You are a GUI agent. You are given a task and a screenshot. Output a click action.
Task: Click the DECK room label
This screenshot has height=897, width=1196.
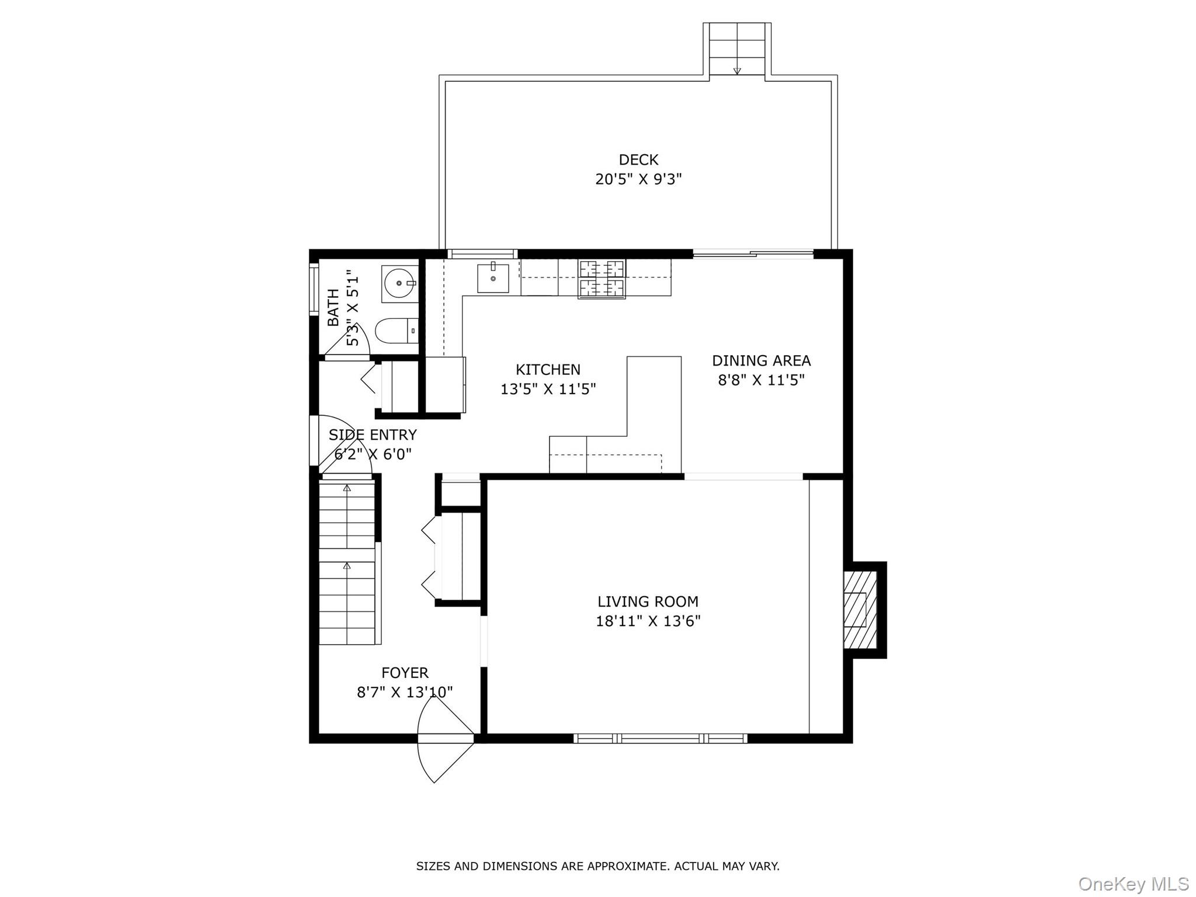tap(638, 159)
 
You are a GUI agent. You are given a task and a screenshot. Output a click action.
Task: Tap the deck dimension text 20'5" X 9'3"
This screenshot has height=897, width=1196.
tap(638, 179)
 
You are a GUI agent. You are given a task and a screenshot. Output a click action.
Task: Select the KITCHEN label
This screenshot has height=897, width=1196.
tap(548, 369)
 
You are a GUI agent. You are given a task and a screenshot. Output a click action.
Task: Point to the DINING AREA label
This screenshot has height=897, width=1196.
tap(761, 360)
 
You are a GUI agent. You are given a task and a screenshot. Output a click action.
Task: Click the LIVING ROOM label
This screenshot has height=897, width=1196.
tap(648, 601)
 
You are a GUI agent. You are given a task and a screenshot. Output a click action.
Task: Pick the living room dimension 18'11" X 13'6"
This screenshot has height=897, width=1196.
tap(648, 621)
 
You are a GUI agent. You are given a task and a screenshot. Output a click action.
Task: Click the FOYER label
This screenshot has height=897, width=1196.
tap(405, 672)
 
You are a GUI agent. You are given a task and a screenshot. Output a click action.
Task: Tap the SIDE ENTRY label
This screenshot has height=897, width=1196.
tap(373, 434)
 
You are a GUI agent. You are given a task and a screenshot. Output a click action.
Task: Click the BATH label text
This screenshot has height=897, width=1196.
tap(333, 308)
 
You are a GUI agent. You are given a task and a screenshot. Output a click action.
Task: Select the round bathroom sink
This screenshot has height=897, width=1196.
tap(400, 283)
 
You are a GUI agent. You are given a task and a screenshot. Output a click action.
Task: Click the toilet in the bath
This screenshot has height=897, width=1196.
tap(396, 331)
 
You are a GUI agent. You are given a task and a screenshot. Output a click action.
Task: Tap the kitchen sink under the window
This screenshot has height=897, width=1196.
tap(493, 279)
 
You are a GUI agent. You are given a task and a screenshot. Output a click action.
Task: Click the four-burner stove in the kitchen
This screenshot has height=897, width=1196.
tap(602, 279)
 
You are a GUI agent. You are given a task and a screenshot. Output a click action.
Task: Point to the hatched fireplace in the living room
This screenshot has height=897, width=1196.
tap(860, 610)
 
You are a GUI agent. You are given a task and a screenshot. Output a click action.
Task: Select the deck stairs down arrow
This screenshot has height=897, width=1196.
tap(737, 70)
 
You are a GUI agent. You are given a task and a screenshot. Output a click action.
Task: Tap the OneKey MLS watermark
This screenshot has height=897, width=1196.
tap(1133, 884)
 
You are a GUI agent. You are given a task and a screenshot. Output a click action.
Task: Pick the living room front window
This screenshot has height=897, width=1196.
tap(660, 738)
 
